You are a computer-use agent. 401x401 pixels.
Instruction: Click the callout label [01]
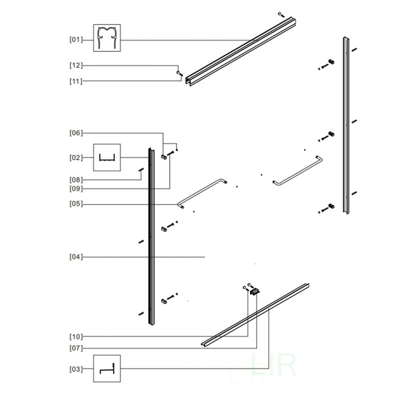[x=76, y=40]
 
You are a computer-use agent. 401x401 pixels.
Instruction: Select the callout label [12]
[x=76, y=66]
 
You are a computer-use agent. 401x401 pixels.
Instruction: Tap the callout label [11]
[x=76, y=81]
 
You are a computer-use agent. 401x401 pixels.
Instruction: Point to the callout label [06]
[x=76, y=133]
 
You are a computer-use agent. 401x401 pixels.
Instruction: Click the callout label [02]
[x=76, y=157]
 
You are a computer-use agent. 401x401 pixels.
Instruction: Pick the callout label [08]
[x=76, y=180]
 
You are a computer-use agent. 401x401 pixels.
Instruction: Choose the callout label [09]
[x=76, y=189]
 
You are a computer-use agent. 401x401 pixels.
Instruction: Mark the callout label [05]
[x=76, y=204]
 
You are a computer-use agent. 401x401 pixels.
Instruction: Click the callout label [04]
[x=76, y=257]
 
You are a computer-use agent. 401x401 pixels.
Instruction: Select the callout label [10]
[x=76, y=336]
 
